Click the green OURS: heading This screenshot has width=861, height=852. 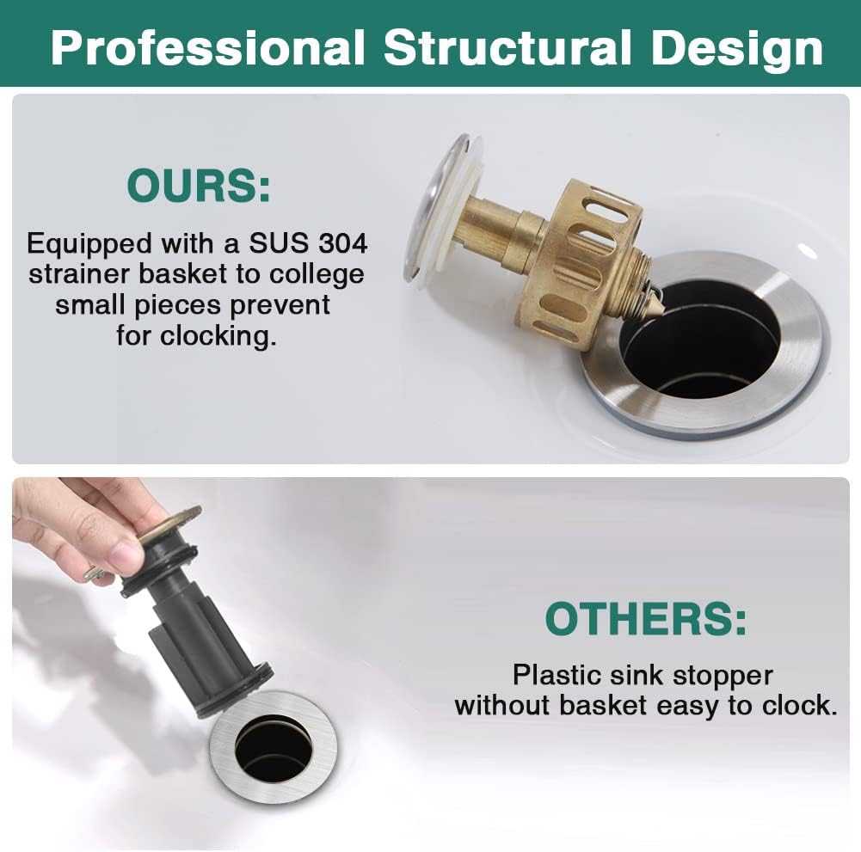coord(198,186)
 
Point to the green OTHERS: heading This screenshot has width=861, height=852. coord(646,618)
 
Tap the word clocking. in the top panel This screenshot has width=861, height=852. coord(218,336)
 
